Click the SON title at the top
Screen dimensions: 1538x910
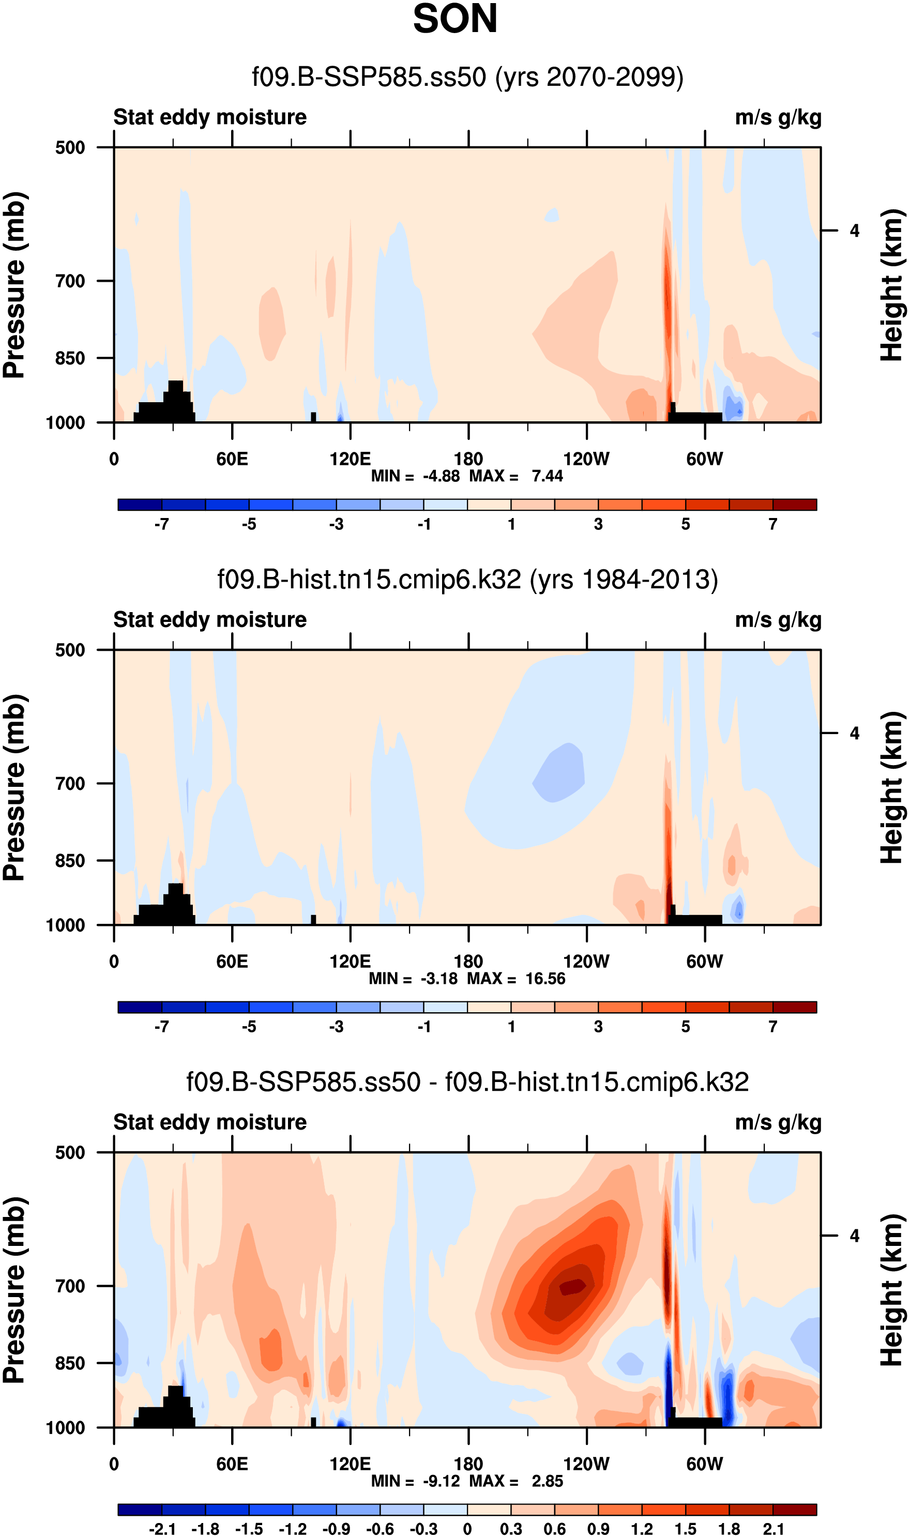click(455, 19)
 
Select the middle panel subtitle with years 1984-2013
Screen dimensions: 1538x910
click(467, 580)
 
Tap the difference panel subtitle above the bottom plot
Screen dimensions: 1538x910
click(467, 1082)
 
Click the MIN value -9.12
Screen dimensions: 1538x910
click(441, 1481)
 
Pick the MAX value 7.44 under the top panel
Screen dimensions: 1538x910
click(547, 476)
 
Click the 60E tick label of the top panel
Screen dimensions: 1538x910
click(232, 459)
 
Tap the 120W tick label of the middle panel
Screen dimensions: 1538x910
click(586, 961)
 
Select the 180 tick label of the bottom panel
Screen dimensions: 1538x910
click(468, 1464)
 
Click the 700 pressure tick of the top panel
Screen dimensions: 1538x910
click(70, 281)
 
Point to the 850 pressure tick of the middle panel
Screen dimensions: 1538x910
click(70, 861)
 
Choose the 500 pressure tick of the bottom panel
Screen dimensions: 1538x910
click(70, 1152)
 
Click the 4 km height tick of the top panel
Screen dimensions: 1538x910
click(854, 231)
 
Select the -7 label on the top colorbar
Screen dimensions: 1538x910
click(162, 524)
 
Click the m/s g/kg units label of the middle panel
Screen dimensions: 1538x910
click(778, 620)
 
